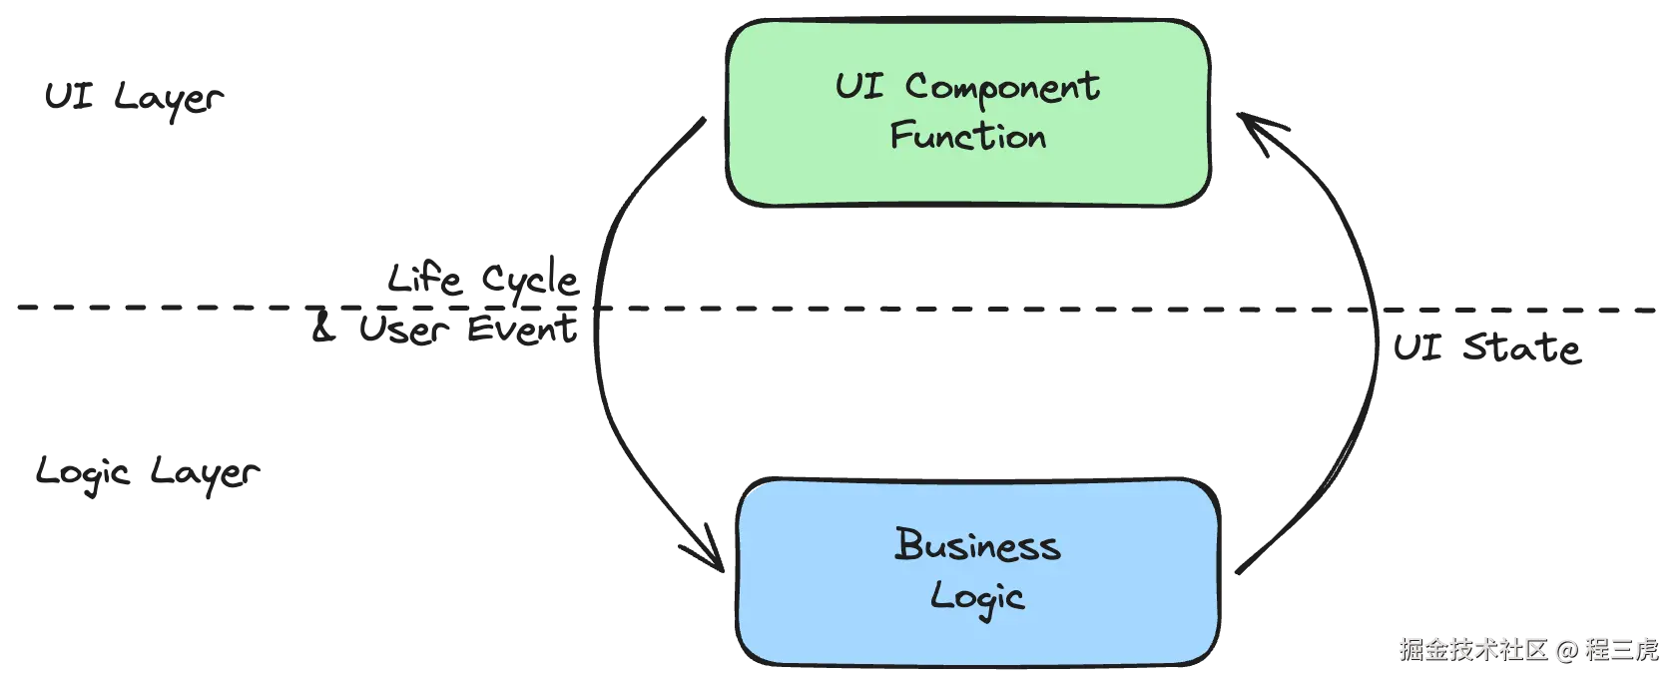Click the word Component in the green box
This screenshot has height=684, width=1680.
click(x=1002, y=88)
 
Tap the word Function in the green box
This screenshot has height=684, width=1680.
click(x=967, y=136)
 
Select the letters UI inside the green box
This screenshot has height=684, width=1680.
click(x=859, y=85)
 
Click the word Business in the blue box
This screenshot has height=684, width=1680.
click(x=977, y=545)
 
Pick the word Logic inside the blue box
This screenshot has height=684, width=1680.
click(x=977, y=597)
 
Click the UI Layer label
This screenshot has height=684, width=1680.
click(x=134, y=99)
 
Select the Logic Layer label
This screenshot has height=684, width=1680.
click(x=146, y=473)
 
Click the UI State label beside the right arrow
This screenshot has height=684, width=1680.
click(x=1486, y=348)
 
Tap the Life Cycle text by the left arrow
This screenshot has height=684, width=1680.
click(x=483, y=281)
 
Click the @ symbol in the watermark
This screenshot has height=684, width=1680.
click(x=1566, y=649)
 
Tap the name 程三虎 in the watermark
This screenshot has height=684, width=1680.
click(x=1620, y=649)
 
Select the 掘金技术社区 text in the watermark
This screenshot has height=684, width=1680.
click(x=1472, y=649)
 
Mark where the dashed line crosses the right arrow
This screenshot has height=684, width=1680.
click(x=1381, y=311)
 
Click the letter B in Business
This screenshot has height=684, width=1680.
click(x=908, y=544)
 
